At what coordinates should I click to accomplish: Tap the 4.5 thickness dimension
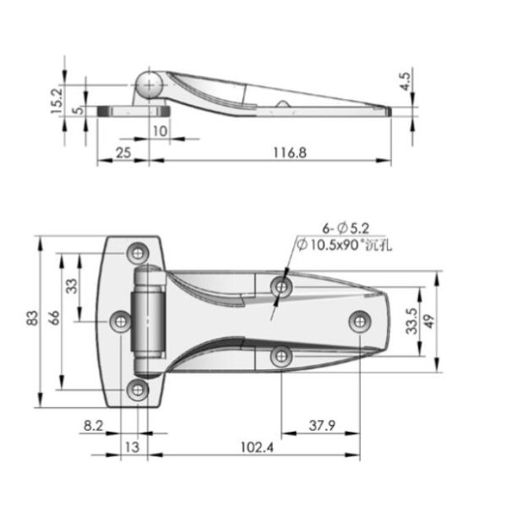[x=406, y=82]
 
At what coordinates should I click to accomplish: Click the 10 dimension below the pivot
[x=160, y=131]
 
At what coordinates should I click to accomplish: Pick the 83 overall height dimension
[x=31, y=318]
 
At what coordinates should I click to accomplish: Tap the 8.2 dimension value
[x=94, y=428]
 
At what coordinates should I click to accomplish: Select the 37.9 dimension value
[x=319, y=428]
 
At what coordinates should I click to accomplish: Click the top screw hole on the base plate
[x=138, y=253]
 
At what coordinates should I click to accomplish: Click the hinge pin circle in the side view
[x=150, y=85]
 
